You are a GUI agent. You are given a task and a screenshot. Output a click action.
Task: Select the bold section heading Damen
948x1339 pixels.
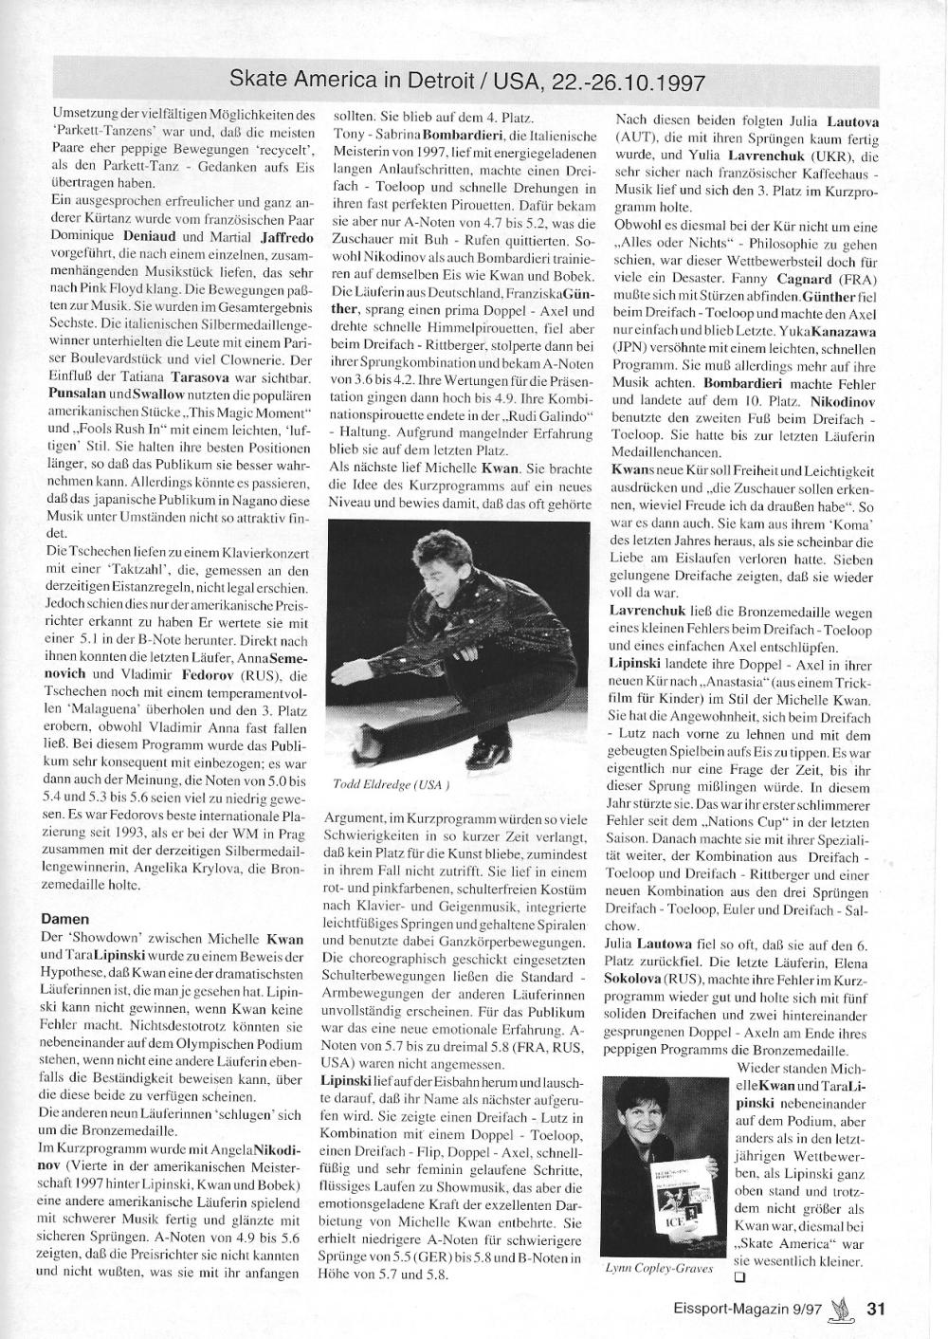(x=65, y=919)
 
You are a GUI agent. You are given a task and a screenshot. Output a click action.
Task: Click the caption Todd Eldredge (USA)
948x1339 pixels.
(x=391, y=784)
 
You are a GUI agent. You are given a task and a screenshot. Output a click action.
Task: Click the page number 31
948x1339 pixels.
(x=875, y=1309)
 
